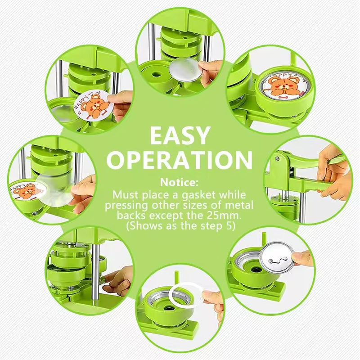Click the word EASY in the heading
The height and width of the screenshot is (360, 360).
(x=180, y=135)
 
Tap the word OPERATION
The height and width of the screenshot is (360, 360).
(x=180, y=160)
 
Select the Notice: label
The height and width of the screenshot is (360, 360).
(x=180, y=183)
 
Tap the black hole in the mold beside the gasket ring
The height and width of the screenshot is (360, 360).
(x=168, y=308)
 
